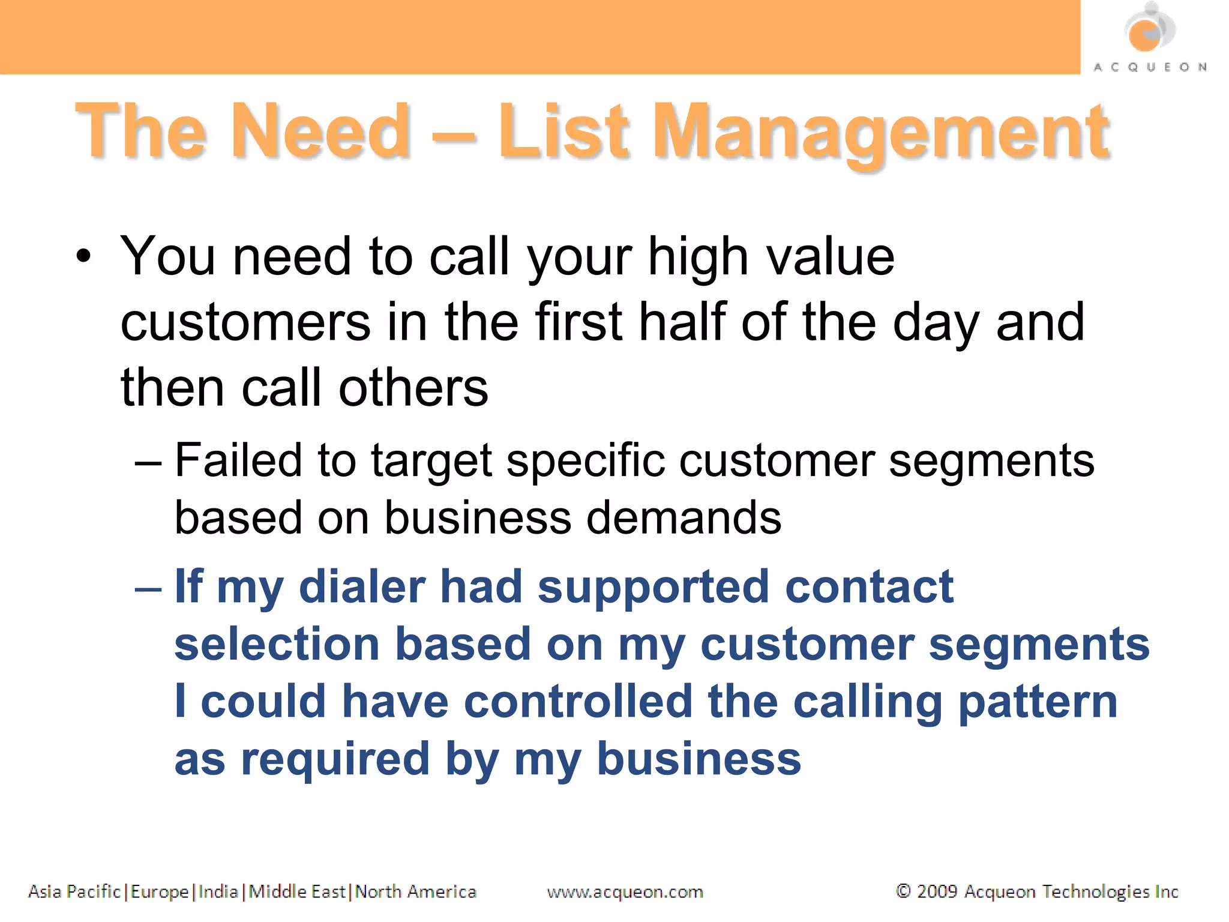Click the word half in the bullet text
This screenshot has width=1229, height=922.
[x=682, y=322]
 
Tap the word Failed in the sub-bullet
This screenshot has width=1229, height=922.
[x=238, y=460]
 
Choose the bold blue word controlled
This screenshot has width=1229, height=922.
[x=578, y=702]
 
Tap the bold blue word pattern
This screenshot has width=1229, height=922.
[x=1038, y=702]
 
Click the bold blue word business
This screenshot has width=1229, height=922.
[x=699, y=759]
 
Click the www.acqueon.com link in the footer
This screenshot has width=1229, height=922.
[x=625, y=892]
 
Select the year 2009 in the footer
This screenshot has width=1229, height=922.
[x=937, y=891]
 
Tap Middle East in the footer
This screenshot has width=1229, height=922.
[x=297, y=891]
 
